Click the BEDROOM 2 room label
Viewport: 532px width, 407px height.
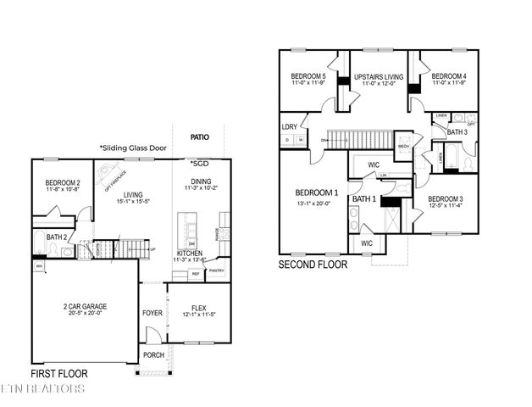coord(62,182)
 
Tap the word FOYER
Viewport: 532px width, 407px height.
coord(152,313)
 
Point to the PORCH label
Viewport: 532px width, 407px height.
coord(153,355)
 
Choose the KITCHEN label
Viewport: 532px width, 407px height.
coord(189,254)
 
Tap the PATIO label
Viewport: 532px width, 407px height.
coord(200,136)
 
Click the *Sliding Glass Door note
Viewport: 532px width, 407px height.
coord(132,148)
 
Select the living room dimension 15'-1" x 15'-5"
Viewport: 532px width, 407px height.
coord(132,201)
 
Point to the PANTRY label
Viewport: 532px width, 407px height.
coord(217,271)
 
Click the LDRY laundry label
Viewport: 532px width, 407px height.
coord(290,126)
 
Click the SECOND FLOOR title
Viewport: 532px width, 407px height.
coord(313,265)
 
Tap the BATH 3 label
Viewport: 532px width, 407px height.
coord(457,132)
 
